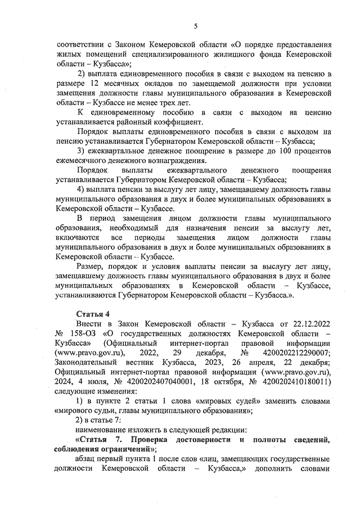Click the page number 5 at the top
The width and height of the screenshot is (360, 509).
pos(195,26)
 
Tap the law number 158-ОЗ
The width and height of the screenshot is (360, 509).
pos(82,334)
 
